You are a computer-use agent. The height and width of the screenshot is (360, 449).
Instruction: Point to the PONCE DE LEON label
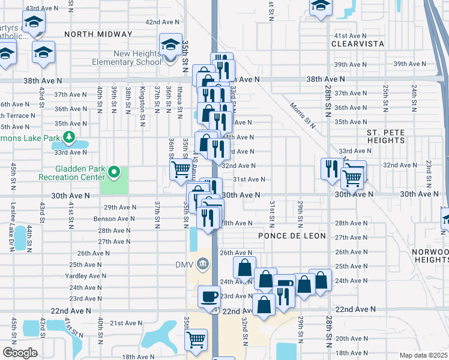[292, 236]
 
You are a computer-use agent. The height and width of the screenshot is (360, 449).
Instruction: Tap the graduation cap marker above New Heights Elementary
[170, 45]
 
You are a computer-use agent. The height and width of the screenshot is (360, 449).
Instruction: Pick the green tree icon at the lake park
[70, 138]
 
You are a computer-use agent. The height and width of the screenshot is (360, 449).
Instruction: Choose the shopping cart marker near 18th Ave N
[196, 340]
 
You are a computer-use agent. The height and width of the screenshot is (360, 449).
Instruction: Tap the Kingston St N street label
[143, 99]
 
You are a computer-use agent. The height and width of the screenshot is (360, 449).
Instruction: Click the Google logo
[20, 353]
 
